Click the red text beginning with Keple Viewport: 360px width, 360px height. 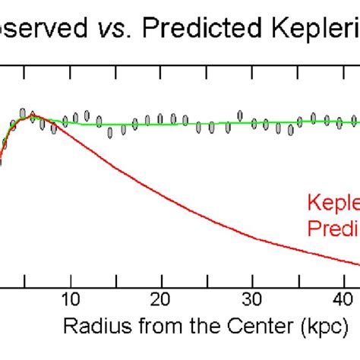333,204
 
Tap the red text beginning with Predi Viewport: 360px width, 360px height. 333,228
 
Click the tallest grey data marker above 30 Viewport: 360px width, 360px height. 240,115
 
